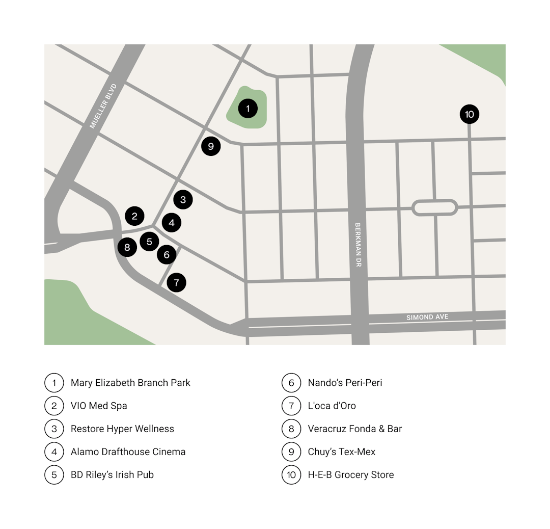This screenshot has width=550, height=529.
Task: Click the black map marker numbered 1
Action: pos(248,108)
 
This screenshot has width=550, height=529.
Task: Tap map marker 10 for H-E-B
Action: pos(470,114)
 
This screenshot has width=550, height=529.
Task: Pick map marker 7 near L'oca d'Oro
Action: pos(176,282)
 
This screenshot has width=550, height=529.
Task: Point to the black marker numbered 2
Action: pos(134,216)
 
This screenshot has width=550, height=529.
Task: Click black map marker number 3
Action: pos(183,200)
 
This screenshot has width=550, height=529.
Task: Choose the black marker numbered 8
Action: pos(127,248)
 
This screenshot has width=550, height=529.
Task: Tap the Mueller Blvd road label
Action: pos(103,106)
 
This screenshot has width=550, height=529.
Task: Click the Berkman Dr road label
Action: pos(358,245)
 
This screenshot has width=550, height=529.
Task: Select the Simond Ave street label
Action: pos(427,317)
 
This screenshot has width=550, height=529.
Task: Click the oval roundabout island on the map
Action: pos(434,207)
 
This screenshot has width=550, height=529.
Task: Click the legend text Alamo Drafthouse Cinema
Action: pos(128,452)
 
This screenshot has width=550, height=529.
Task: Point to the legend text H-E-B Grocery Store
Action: pos(350,474)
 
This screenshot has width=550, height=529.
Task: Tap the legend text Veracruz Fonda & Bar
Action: pos(354,429)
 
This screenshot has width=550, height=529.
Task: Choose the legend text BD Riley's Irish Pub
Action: pos(112,474)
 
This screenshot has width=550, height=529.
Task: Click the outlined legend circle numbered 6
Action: pos(291,383)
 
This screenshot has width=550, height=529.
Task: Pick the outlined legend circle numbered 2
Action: pos(54,406)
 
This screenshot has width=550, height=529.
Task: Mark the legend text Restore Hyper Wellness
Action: pos(122,429)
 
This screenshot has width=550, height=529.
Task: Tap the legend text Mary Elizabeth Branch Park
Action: pos(130,383)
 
